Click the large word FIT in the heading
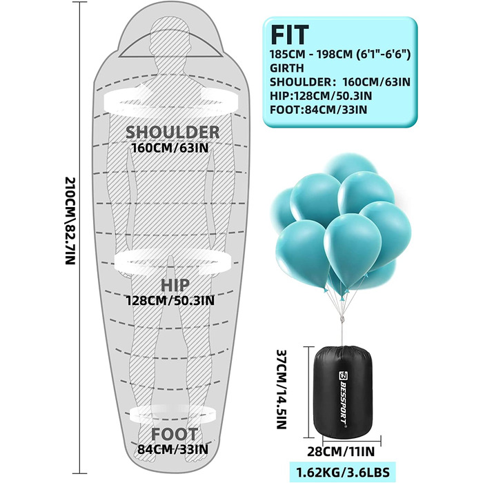(290, 34)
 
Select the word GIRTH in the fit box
(287, 68)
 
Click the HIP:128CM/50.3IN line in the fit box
(321, 96)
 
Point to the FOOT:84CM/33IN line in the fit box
(319, 110)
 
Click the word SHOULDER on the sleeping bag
(172, 132)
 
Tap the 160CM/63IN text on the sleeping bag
(170, 148)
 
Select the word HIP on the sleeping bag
(175, 285)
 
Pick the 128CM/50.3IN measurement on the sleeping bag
(170, 300)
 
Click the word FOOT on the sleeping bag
(174, 434)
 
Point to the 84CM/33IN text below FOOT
(172, 449)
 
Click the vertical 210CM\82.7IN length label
(70, 221)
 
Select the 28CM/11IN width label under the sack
(341, 451)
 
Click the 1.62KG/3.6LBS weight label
(343, 471)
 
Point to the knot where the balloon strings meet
(342, 319)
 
